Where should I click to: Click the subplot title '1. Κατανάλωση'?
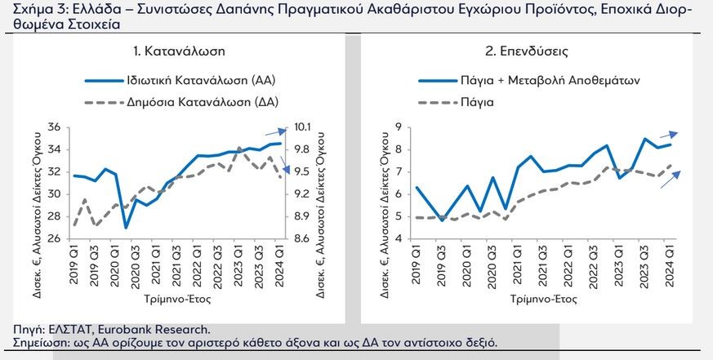pyautogui.click(x=179, y=51)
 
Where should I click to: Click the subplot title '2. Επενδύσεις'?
pyautogui.click(x=527, y=51)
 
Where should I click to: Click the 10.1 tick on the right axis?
pyautogui.click(x=303, y=127)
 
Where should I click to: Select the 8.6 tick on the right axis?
pyautogui.click(x=303, y=239)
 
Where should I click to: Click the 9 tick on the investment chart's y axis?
pyautogui.click(x=399, y=127)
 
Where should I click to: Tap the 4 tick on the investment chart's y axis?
pyautogui.click(x=399, y=239)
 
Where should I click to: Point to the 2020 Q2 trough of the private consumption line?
pyautogui.click(x=126, y=228)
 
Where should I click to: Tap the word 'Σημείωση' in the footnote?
pyautogui.click(x=36, y=343)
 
